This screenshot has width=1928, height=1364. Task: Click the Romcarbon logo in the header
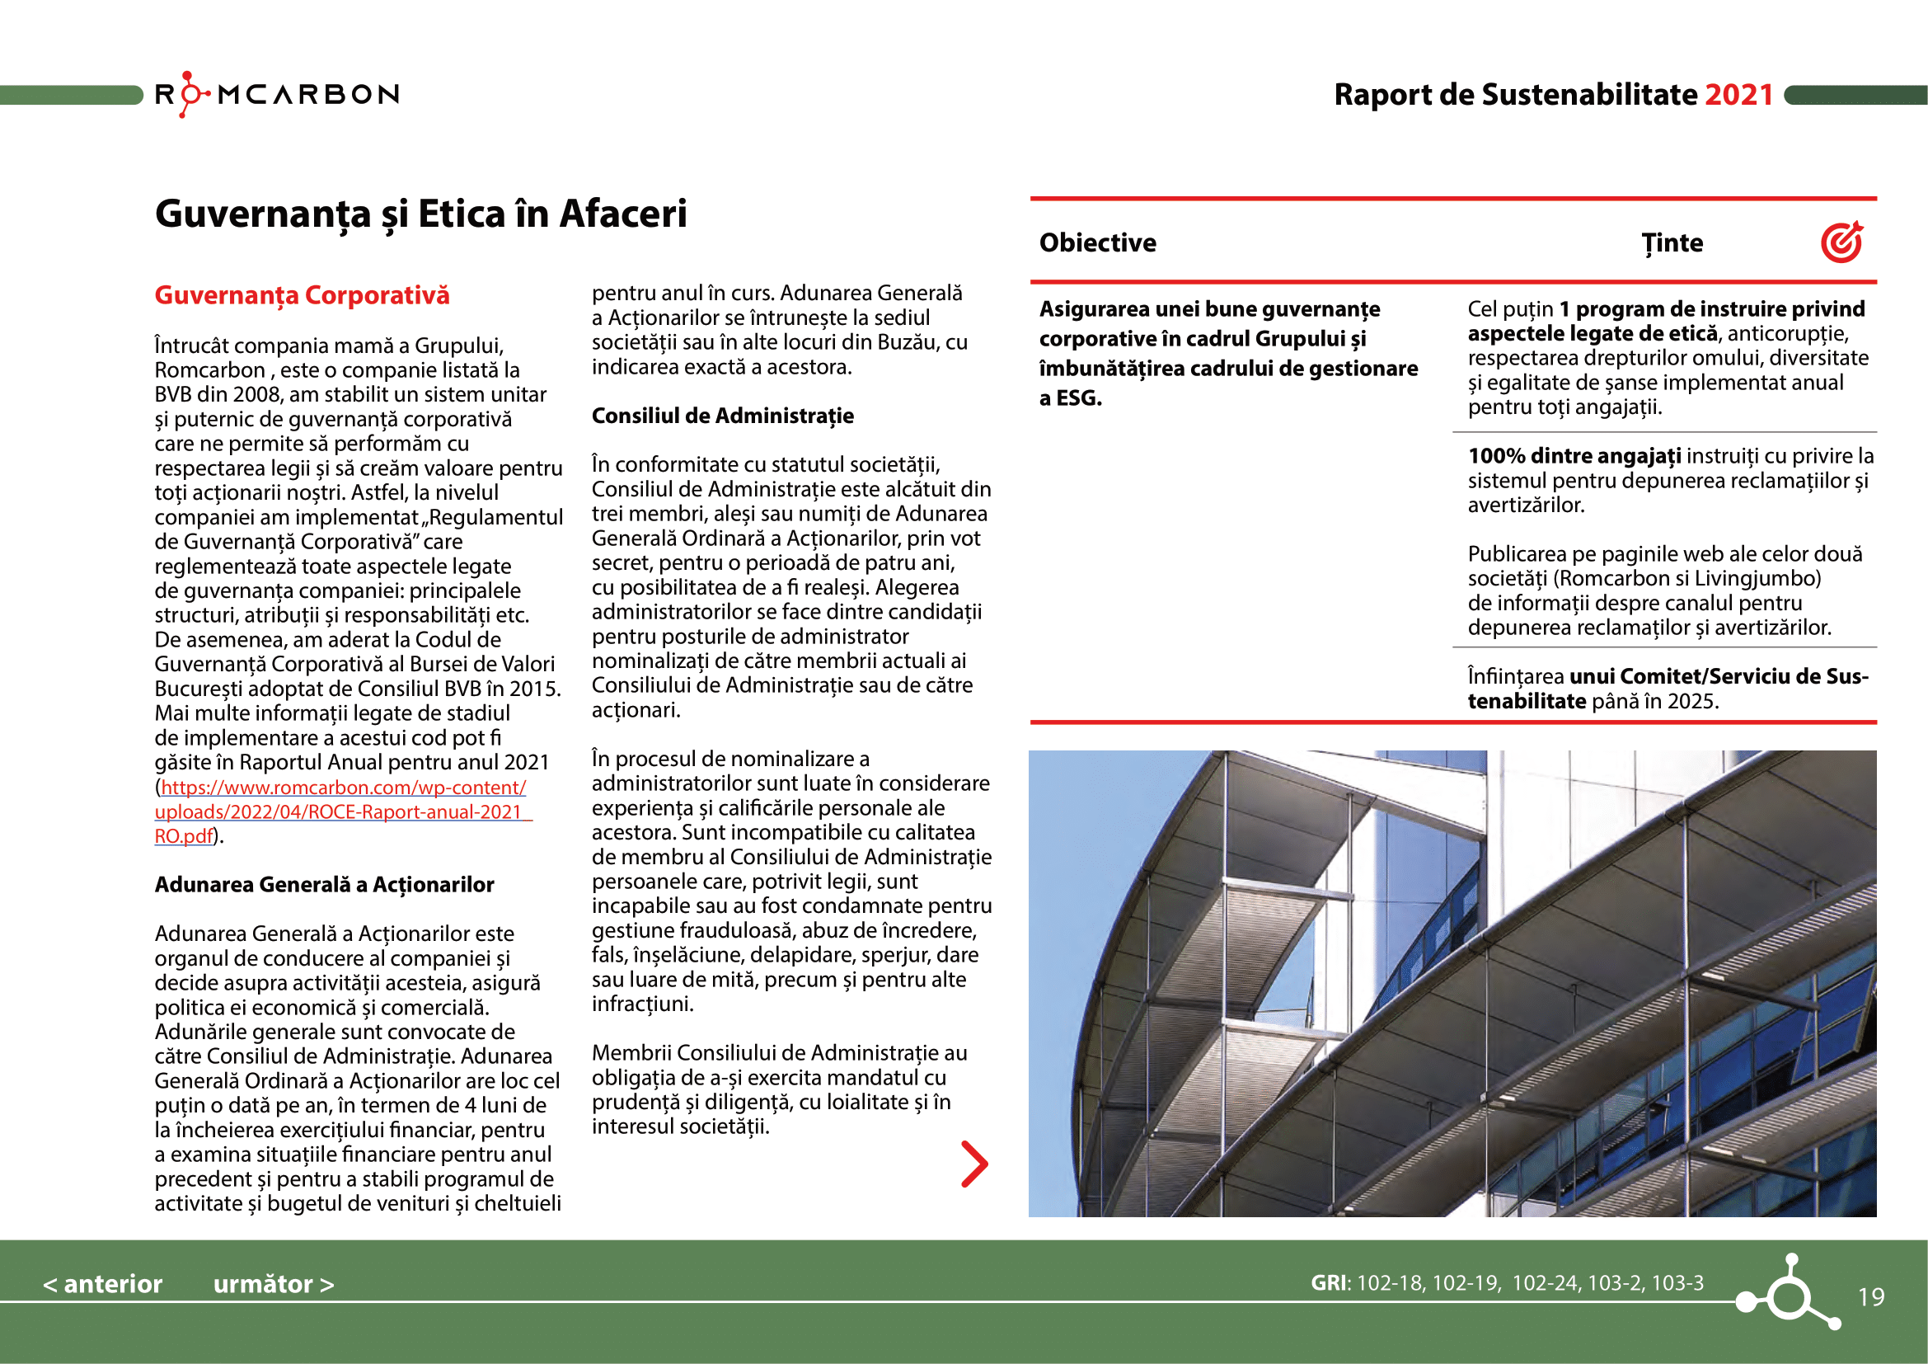(x=276, y=94)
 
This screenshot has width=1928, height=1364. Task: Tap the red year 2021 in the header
(x=1738, y=95)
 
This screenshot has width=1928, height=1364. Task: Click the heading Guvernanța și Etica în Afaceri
(x=420, y=214)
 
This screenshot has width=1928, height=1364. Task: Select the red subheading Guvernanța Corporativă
(x=302, y=296)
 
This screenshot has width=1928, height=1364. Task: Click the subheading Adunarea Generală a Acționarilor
(x=324, y=884)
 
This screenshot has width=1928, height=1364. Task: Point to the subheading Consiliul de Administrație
(x=722, y=416)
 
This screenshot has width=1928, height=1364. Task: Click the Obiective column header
(x=1097, y=242)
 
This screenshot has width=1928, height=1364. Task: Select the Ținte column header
(x=1672, y=242)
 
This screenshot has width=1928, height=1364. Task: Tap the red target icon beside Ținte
(x=1841, y=242)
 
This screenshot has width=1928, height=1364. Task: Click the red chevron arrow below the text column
(x=974, y=1164)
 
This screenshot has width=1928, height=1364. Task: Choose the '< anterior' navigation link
(x=102, y=1284)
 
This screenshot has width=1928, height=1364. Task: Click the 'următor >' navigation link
(x=274, y=1284)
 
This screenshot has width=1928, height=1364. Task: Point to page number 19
(x=1871, y=1298)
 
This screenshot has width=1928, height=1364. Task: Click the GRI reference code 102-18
(x=1391, y=1283)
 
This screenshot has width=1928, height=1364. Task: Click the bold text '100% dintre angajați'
(x=1574, y=456)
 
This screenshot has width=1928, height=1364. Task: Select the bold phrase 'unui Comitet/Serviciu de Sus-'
(x=1718, y=676)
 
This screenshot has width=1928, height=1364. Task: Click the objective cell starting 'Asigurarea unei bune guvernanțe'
(x=1227, y=353)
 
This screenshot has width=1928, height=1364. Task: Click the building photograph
(x=1452, y=984)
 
